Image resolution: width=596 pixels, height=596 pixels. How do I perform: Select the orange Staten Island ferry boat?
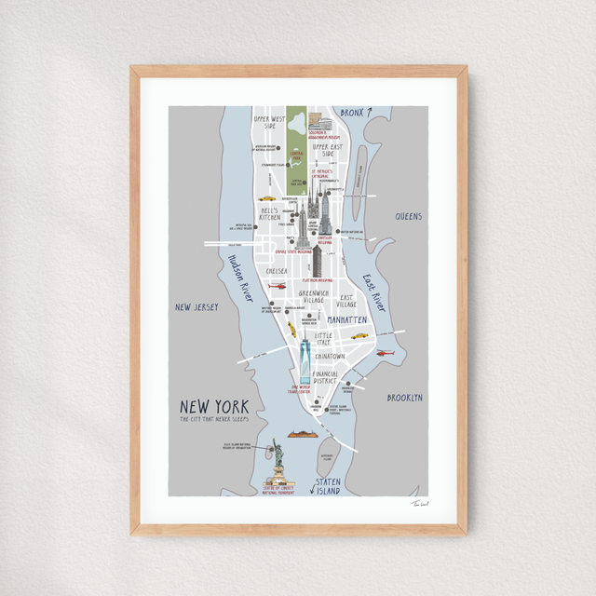(304, 433)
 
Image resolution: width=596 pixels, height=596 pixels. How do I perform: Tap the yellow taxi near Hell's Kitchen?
(266, 198)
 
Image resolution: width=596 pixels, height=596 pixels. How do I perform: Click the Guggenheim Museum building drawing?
(319, 121)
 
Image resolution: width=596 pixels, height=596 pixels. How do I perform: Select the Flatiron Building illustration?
(318, 262)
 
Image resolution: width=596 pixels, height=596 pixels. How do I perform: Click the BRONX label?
(351, 113)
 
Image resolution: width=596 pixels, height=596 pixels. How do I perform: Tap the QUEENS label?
(409, 216)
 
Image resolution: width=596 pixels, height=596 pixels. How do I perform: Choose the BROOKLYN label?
(405, 398)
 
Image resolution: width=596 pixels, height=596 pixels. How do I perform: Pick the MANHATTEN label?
(347, 319)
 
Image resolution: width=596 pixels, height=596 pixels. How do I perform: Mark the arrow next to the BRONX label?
(369, 112)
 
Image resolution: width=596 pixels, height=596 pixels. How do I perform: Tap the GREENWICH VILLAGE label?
(313, 297)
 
